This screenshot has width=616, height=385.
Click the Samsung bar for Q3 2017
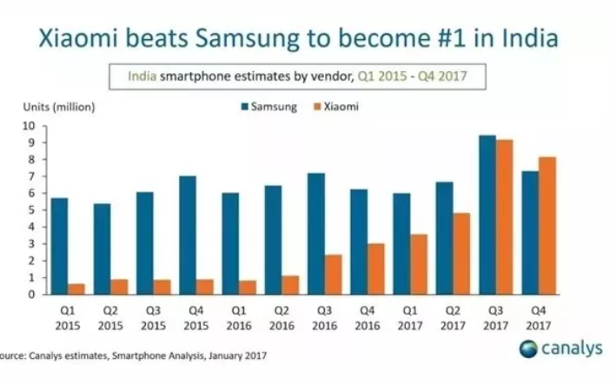(x=488, y=215)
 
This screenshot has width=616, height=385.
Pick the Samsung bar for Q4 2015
(x=188, y=235)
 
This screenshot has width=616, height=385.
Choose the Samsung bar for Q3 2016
(x=316, y=233)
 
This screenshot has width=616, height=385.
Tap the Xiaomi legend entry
(x=339, y=108)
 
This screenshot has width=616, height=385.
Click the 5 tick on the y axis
(x=30, y=210)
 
